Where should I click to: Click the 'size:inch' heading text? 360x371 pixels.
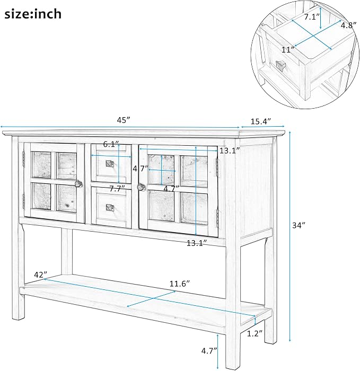point(33,14)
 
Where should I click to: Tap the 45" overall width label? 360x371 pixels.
point(124,120)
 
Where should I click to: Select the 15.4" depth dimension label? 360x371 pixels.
point(261,121)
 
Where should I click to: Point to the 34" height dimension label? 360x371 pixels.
point(298,225)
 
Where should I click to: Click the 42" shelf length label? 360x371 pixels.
point(40,275)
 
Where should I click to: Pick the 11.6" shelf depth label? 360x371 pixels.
point(180,284)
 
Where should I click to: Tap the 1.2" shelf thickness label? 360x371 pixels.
point(254,333)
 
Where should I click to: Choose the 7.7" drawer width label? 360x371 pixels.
point(117,189)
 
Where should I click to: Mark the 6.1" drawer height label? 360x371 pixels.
point(111,144)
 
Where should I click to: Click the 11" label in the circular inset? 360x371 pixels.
point(288,50)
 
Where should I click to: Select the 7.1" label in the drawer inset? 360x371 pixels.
point(312,17)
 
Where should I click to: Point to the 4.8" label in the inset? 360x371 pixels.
point(348,25)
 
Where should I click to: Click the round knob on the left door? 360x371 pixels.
point(78,183)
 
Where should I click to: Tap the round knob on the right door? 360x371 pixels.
point(142,187)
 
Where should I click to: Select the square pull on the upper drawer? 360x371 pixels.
point(110,164)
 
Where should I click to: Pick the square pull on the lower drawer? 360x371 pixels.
point(110,208)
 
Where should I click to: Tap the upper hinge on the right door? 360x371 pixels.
point(216,167)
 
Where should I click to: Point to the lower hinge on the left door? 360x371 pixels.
point(23,201)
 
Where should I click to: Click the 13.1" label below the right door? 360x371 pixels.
point(197,243)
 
